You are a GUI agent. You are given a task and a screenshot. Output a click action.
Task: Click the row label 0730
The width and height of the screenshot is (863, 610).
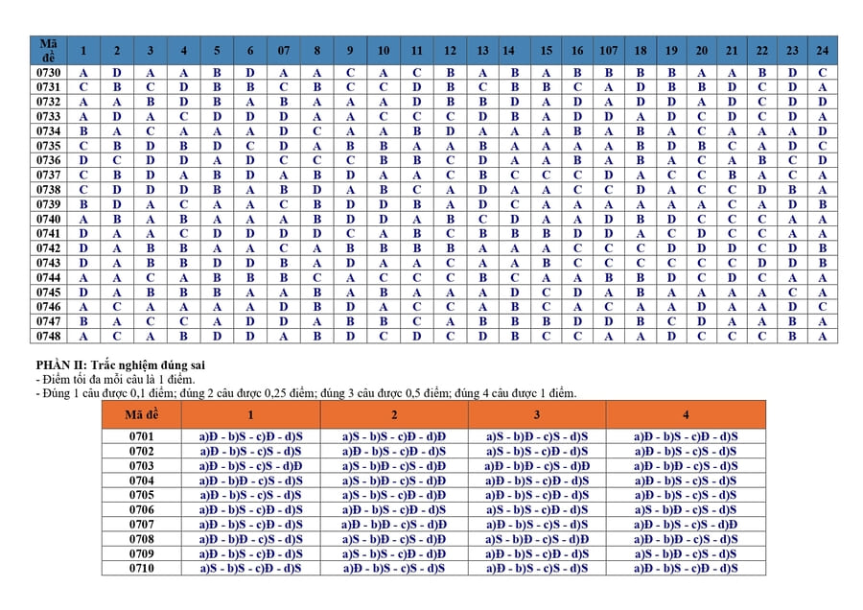pyautogui.click(x=49, y=72)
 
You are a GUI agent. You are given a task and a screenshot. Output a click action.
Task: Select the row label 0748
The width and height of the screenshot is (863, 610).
pyautogui.click(x=49, y=336)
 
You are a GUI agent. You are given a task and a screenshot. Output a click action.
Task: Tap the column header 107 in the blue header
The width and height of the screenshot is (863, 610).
pyautogui.click(x=608, y=50)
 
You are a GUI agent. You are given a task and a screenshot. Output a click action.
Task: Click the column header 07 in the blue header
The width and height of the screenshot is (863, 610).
pyautogui.click(x=284, y=50)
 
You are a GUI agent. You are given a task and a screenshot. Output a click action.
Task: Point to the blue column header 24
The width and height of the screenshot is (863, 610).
pyautogui.click(x=823, y=50)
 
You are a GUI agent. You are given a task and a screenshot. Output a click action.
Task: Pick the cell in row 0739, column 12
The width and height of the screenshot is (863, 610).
pyautogui.click(x=450, y=204)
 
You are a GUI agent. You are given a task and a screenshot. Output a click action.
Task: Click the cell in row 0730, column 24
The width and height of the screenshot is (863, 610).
pyautogui.click(x=823, y=72)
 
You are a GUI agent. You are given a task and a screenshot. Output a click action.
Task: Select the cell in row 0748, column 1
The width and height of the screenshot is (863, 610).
pyautogui.click(x=83, y=336)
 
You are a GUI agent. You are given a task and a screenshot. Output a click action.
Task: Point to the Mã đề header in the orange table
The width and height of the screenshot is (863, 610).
pyautogui.click(x=141, y=414)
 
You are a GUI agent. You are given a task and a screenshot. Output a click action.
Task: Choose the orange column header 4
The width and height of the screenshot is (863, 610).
pyautogui.click(x=686, y=414)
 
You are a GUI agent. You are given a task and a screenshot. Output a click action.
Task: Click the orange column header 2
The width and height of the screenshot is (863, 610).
pyautogui.click(x=394, y=414)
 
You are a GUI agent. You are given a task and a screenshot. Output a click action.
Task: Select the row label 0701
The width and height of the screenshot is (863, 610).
pyautogui.click(x=141, y=436)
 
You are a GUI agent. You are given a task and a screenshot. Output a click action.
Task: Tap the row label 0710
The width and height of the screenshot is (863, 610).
pyautogui.click(x=141, y=568)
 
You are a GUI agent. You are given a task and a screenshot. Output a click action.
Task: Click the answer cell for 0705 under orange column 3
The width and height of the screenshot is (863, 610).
pyautogui.click(x=537, y=495)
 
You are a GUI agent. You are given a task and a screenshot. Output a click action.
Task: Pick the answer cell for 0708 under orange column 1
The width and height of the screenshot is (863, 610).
pyautogui.click(x=250, y=539)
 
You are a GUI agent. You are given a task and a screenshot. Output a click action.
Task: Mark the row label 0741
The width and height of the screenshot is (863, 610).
pyautogui.click(x=49, y=233)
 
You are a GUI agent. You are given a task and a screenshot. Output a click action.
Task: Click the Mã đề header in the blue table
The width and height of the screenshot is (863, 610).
pyautogui.click(x=49, y=50)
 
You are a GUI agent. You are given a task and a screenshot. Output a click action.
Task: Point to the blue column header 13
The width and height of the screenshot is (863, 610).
pyautogui.click(x=482, y=50)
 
